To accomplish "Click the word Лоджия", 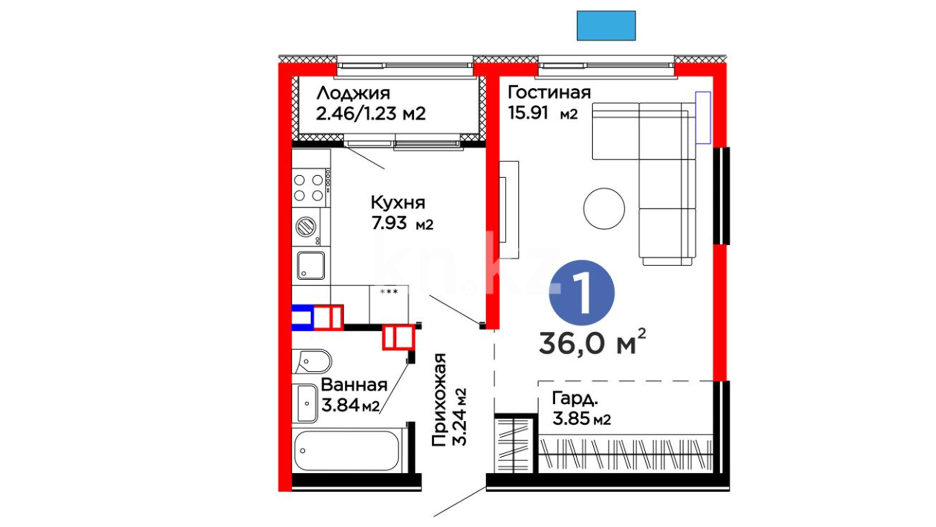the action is [x=353, y=93].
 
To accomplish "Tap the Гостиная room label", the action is [x=549, y=92].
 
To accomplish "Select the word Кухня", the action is [x=398, y=202].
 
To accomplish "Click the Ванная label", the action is [x=354, y=385].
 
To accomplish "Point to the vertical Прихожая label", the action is [x=439, y=400].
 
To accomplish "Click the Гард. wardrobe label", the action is [x=575, y=399].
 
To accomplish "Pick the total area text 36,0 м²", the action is [x=592, y=342].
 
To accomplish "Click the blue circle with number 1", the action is [x=582, y=293].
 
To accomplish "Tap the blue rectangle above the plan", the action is [x=606, y=25].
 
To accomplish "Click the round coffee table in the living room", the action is [x=604, y=208].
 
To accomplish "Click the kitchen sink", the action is [x=311, y=265].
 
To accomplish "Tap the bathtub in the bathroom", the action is [x=347, y=450].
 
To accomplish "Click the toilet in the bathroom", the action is [x=312, y=362].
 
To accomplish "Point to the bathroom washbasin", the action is [x=306, y=404].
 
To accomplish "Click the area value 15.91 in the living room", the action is [x=528, y=113].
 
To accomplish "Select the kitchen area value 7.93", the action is [x=389, y=223].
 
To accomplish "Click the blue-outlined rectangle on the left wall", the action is [x=302, y=318].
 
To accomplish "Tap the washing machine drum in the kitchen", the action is [x=306, y=226].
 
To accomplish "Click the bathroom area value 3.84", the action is [x=340, y=405].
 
